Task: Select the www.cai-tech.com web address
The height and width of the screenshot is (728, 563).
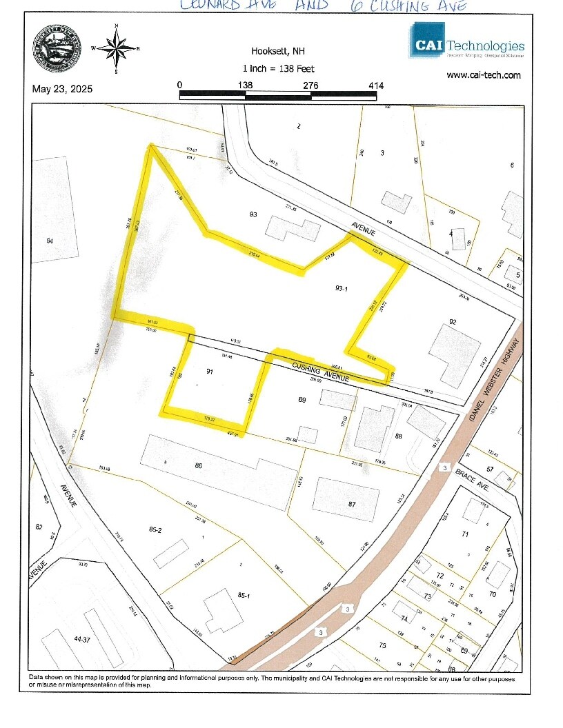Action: pos(483,75)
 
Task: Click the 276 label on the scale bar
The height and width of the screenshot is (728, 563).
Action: pos(310,85)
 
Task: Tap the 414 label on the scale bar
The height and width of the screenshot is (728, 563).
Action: pos(375,85)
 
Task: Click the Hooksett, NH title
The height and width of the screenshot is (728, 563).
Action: pos(279,52)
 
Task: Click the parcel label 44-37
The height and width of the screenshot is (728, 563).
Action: pos(82,640)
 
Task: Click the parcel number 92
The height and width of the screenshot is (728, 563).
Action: pos(453,322)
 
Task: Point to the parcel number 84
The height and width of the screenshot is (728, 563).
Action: pos(49,241)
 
